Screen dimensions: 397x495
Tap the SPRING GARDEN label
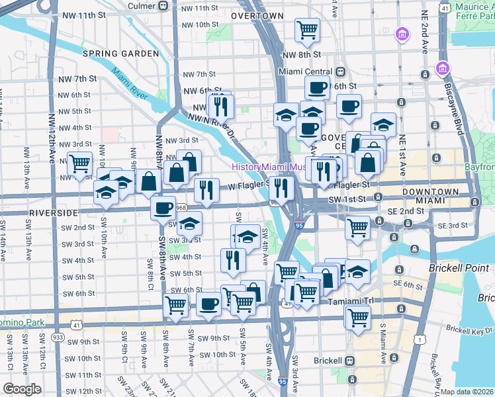click(x=120, y=53)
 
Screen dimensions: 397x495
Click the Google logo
click(x=22, y=389)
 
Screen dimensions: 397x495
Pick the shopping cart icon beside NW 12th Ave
click(x=79, y=162)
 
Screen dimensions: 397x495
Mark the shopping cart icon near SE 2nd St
click(x=358, y=228)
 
